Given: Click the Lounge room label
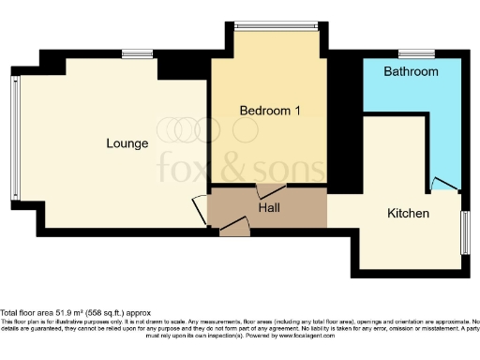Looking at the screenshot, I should point(127,143).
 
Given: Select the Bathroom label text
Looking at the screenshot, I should point(412,71).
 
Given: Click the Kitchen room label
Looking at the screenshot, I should point(408,214).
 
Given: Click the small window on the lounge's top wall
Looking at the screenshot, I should point(138,53).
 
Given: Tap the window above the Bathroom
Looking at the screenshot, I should point(412,52).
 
